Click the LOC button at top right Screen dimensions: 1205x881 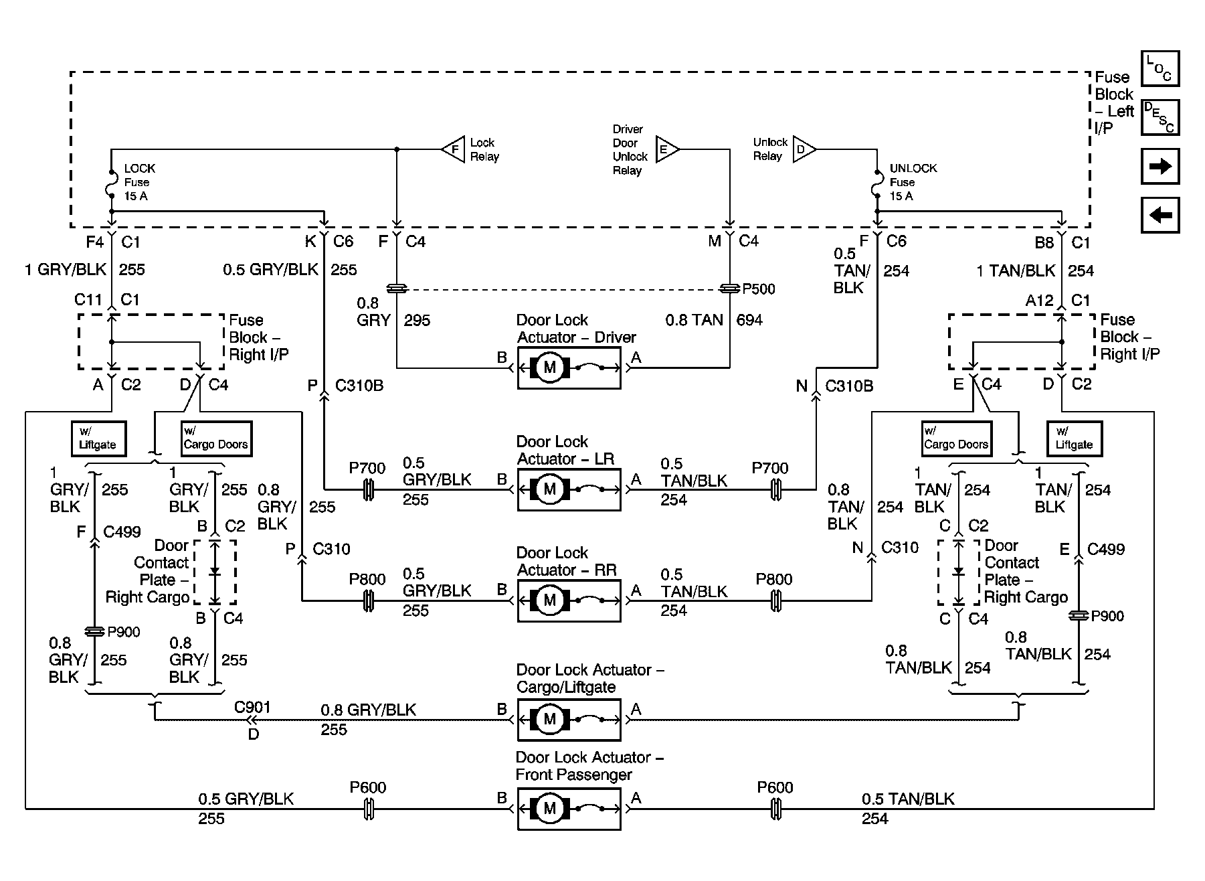[x=1160, y=68]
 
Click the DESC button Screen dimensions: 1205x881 [x=1160, y=117]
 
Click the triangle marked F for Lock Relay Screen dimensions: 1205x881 [x=453, y=149]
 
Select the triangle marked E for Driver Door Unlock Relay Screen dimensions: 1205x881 [x=667, y=149]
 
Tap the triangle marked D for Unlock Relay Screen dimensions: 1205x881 [x=804, y=149]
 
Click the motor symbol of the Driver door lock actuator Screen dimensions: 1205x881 [x=549, y=368]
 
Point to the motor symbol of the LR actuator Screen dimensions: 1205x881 [x=549, y=489]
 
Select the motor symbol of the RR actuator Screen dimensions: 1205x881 [x=549, y=600]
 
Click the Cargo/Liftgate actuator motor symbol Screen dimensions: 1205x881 [x=549, y=720]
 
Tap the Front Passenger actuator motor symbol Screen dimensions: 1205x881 [x=549, y=809]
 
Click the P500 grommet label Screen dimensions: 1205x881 [x=759, y=289]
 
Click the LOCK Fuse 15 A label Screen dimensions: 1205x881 [x=139, y=182]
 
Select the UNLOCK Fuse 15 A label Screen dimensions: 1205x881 [x=913, y=182]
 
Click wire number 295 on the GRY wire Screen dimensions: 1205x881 [x=417, y=320]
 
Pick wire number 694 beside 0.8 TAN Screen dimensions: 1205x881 [x=749, y=320]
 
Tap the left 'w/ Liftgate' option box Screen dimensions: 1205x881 [x=98, y=438]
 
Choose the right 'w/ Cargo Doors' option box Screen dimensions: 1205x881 [x=956, y=438]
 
